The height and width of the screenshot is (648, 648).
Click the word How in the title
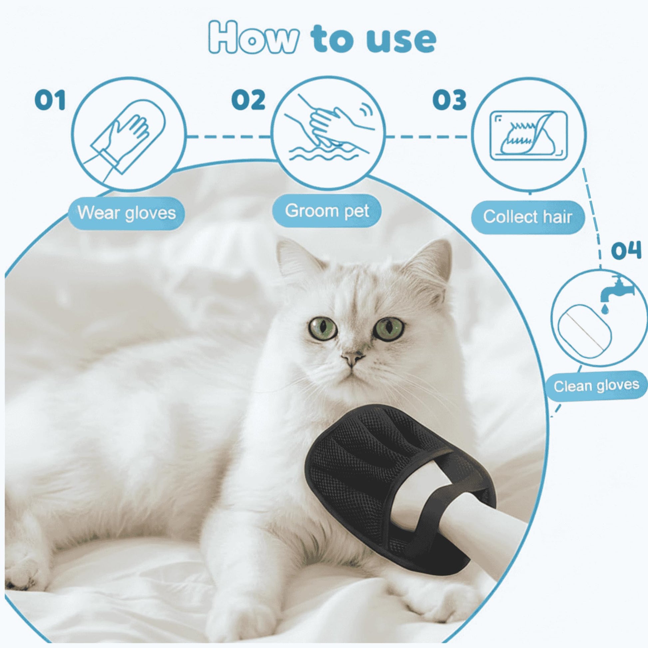(253, 38)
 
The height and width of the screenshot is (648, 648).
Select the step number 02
(248, 100)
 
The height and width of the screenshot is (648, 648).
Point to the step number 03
(450, 100)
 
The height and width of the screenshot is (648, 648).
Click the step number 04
(626, 251)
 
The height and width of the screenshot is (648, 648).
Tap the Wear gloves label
(127, 213)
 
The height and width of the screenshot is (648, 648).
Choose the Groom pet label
(327, 211)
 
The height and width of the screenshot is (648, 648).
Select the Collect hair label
(528, 217)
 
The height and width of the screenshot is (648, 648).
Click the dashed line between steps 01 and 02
(229, 137)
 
